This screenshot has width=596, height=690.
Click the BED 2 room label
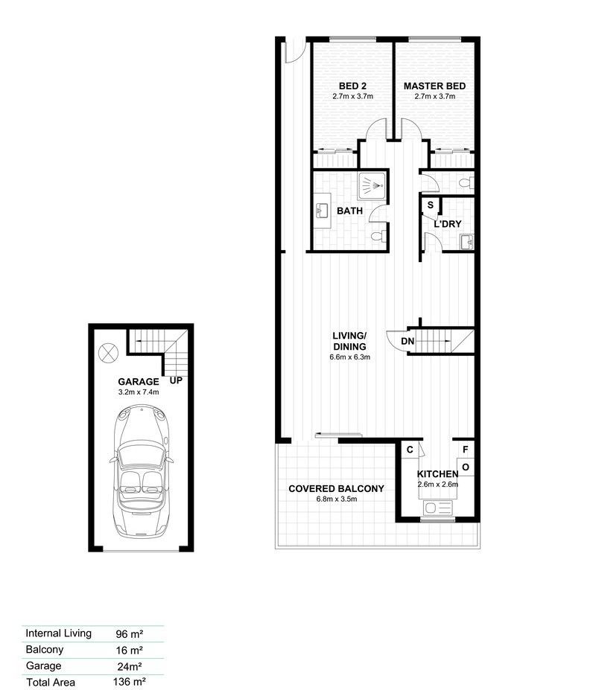point(352,86)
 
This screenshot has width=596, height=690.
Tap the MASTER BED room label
point(434,86)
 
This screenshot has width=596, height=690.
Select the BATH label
point(349,211)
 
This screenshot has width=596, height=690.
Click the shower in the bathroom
point(372,185)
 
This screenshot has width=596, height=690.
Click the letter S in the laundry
point(430,205)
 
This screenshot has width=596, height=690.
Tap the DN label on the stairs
point(408,341)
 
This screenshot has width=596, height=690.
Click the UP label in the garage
point(177,380)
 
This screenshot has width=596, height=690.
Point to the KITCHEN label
point(437,474)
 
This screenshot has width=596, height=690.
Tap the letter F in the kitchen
point(465,450)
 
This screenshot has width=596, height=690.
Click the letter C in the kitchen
point(410,450)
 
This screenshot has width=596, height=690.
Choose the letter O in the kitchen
point(465,467)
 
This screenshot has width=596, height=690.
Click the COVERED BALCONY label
point(336,488)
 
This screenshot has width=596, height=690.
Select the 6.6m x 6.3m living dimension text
point(351,357)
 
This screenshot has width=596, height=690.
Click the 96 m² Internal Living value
point(130,634)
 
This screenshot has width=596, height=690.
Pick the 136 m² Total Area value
point(130,681)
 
